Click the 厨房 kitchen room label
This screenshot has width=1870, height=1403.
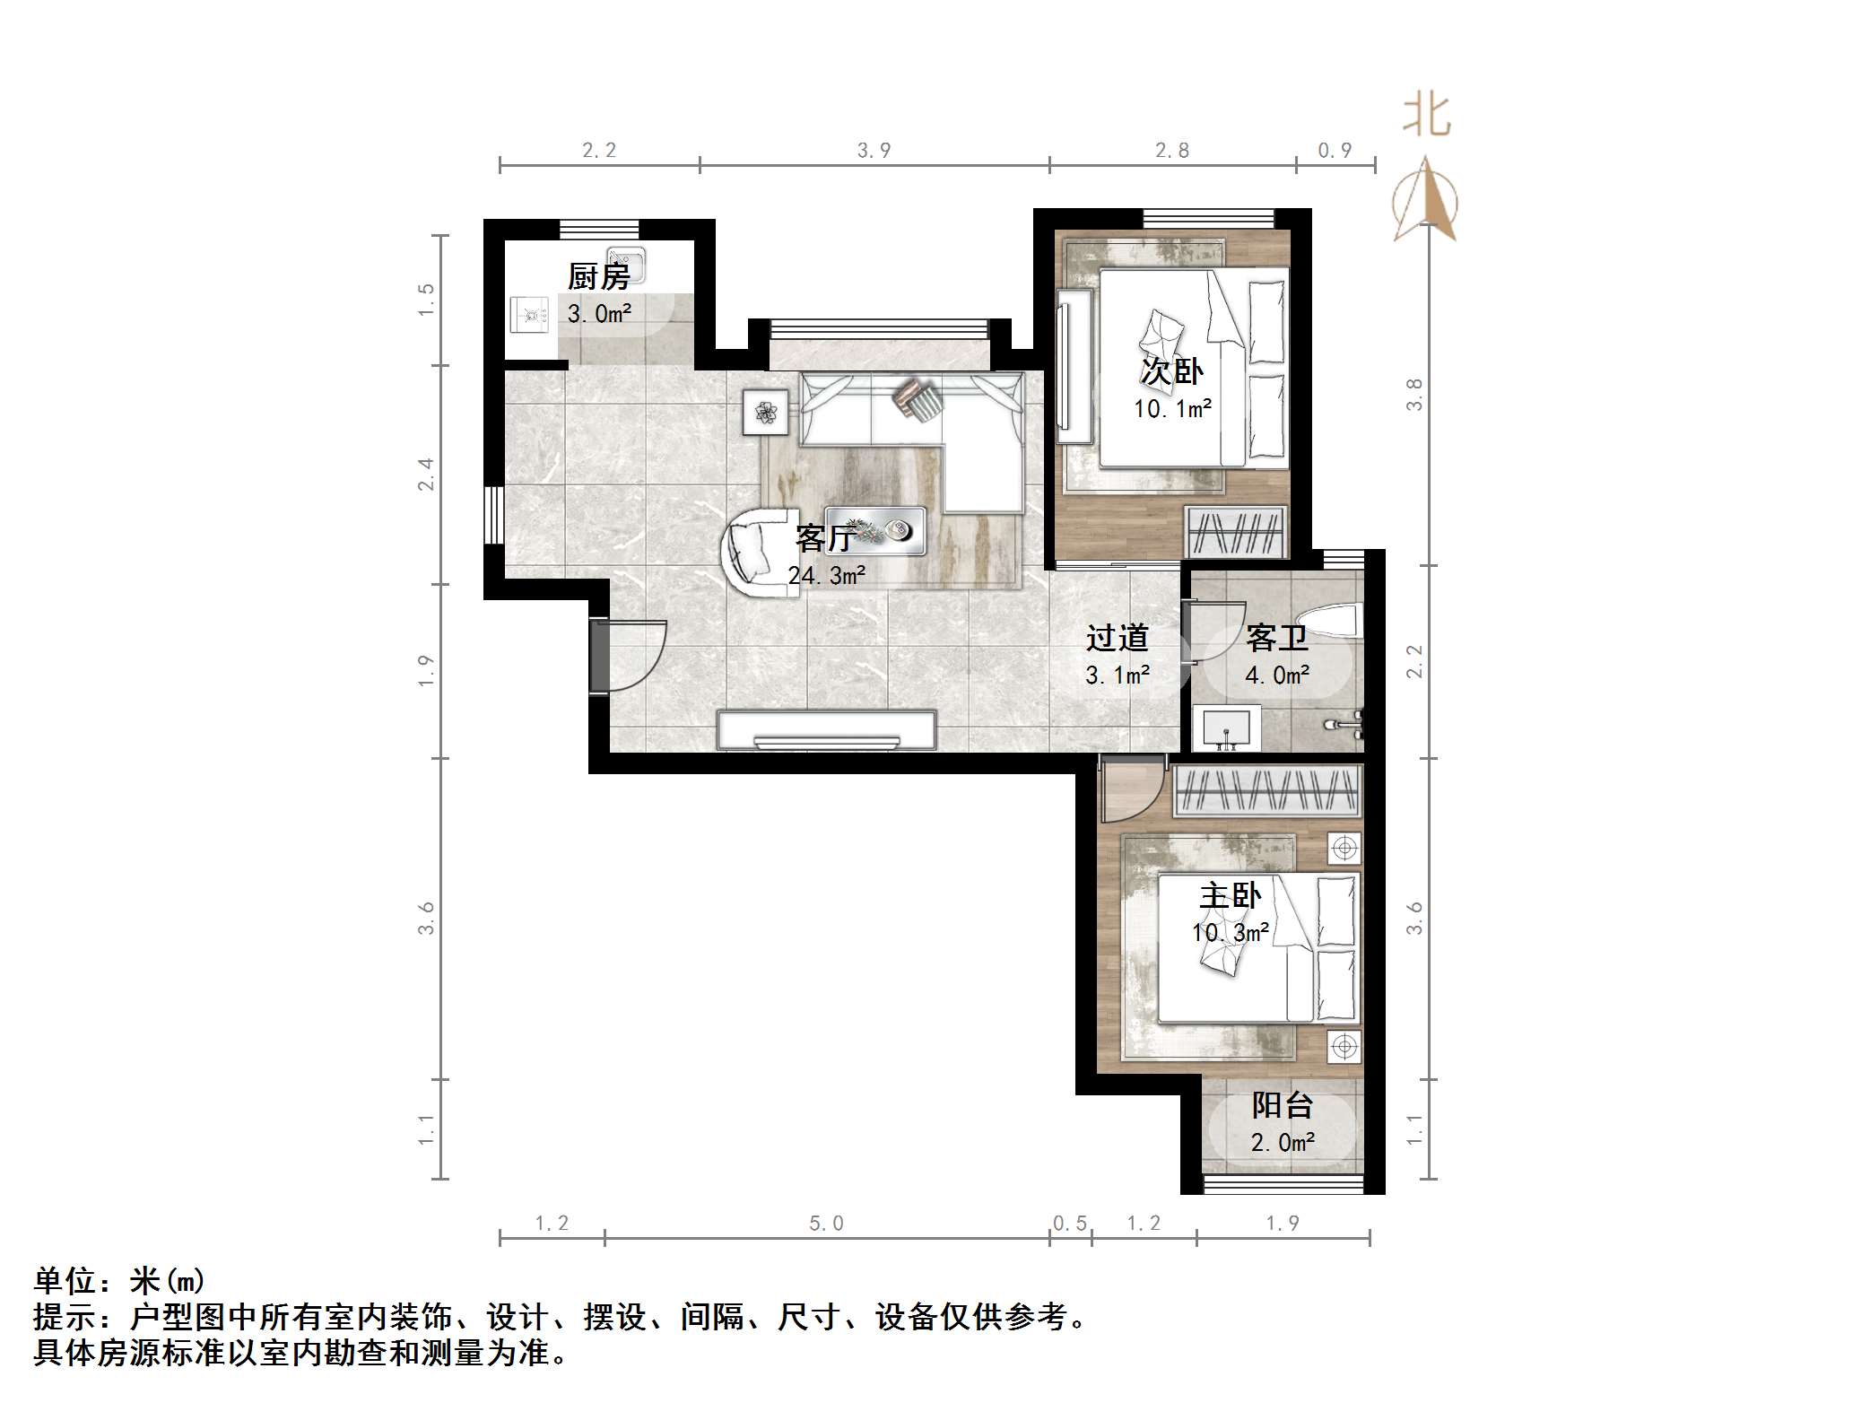[598, 276]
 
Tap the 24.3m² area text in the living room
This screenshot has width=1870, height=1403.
[826, 575]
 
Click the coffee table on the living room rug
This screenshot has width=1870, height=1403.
[875, 531]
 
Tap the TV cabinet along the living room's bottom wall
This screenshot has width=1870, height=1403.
[826, 730]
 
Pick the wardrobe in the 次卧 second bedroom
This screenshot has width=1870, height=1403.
[1236, 532]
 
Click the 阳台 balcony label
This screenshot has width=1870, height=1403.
[1283, 1105]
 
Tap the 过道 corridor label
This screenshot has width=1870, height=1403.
[1117, 638]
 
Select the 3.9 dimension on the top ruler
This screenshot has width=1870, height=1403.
[874, 150]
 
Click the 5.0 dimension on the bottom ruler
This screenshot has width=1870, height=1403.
[826, 1224]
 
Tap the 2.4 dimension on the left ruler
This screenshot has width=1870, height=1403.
[425, 474]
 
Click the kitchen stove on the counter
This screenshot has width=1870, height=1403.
[529, 315]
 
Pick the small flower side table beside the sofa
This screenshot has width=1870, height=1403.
[766, 413]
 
